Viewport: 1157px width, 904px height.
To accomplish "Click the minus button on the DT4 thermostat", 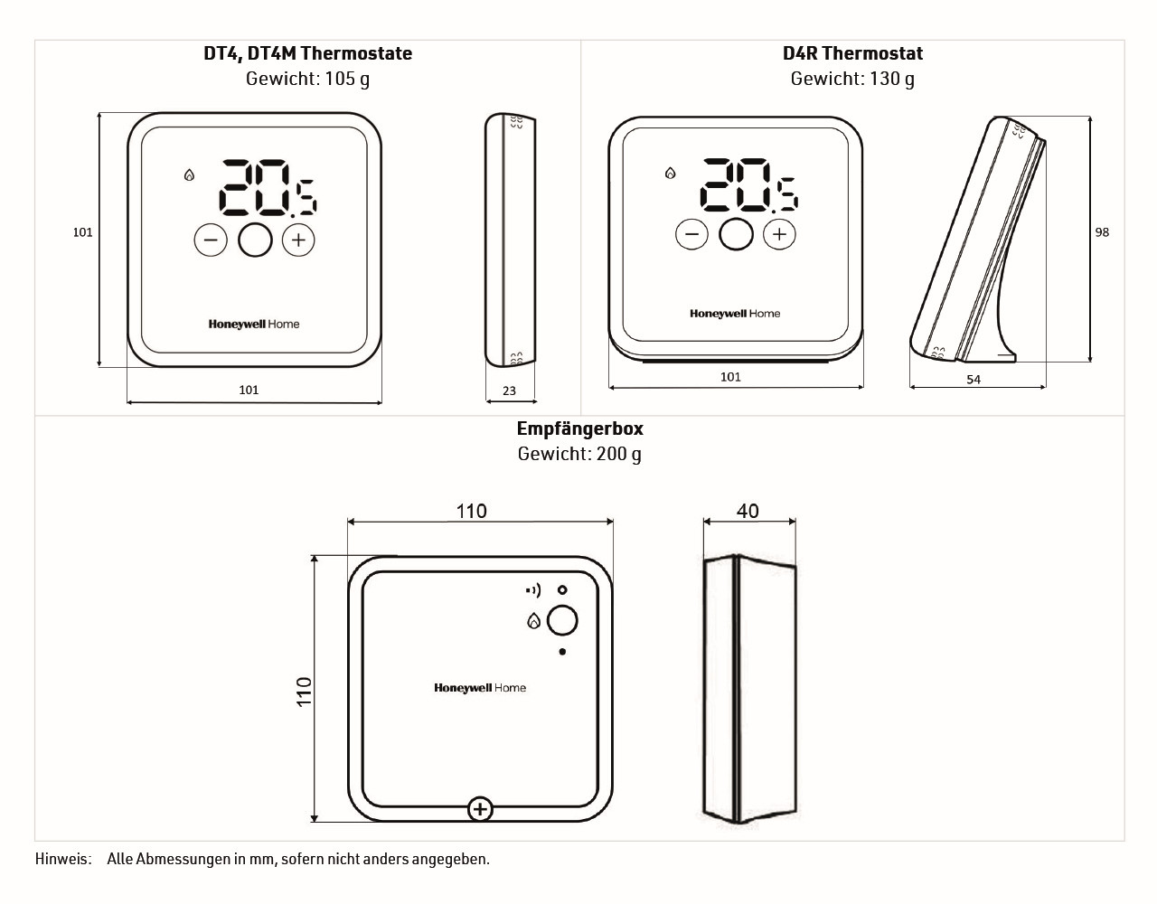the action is point(211,240).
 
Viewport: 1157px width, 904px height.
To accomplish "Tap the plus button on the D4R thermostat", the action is point(779,234).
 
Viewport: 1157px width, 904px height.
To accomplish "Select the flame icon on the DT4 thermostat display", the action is point(189,174).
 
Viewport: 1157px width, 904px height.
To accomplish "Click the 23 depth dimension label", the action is point(509,391).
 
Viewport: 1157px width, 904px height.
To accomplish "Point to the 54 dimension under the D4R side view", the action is point(974,380).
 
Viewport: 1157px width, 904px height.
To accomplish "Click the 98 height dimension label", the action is point(1102,232).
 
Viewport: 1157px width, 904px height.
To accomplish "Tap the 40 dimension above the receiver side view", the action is point(748,511).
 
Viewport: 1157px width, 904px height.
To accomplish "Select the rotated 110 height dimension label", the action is point(304,692).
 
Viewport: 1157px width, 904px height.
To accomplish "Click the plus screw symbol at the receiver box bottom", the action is point(480,810).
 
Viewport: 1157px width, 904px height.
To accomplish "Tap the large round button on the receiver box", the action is point(562,620).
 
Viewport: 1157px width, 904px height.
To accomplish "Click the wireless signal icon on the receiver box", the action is point(533,590).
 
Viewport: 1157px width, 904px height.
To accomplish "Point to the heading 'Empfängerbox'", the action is point(579,428).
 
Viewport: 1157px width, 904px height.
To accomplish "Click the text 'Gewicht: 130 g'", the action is point(852,79).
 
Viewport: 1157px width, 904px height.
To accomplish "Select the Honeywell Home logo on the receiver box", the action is point(480,688).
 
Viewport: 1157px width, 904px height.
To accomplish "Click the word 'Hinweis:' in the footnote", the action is point(63,859).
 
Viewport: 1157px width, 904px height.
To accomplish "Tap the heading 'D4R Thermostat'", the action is point(852,53).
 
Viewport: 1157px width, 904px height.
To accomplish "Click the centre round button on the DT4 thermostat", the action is point(255,240).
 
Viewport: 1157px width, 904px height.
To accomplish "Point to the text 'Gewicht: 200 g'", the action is point(579,454).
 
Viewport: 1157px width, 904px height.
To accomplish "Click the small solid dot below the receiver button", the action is point(562,652).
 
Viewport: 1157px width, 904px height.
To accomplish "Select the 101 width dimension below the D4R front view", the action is point(730,377).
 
